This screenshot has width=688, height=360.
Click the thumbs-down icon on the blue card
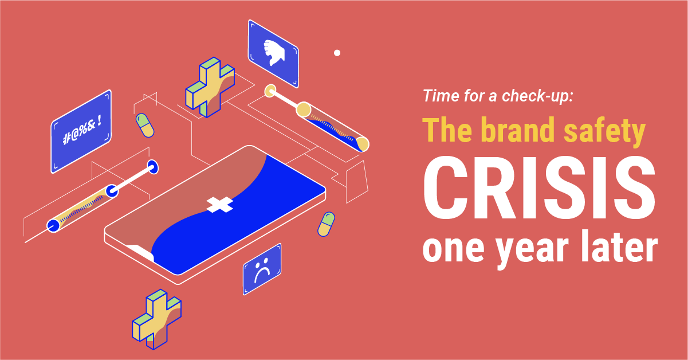click(x=274, y=53)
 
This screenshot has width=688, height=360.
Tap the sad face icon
click(x=262, y=271)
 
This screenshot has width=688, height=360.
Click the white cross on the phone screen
click(x=219, y=205)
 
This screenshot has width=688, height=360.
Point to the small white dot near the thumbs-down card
click(x=337, y=53)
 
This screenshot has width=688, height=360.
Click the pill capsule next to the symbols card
click(x=145, y=126)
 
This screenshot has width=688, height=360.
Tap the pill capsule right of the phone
click(x=326, y=224)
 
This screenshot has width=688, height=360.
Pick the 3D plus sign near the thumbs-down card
click(x=210, y=87)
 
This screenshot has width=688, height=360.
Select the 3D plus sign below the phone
click(x=156, y=319)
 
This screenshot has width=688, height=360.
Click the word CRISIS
click(x=539, y=188)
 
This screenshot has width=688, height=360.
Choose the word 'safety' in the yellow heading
click(x=605, y=132)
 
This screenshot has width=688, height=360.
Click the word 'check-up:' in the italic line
click(x=537, y=96)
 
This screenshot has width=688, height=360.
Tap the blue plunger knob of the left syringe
click(x=152, y=167)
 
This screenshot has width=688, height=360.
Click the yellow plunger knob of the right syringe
click(x=270, y=91)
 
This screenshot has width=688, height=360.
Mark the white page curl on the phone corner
click(x=140, y=252)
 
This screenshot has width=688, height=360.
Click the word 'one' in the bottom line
click(x=455, y=248)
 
